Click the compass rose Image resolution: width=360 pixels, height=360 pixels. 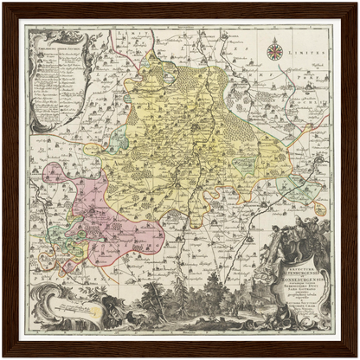tap(273, 51)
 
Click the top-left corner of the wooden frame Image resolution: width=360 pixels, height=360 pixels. tap(6, 6)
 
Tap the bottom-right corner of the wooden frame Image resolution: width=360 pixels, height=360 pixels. tap(354, 354)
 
